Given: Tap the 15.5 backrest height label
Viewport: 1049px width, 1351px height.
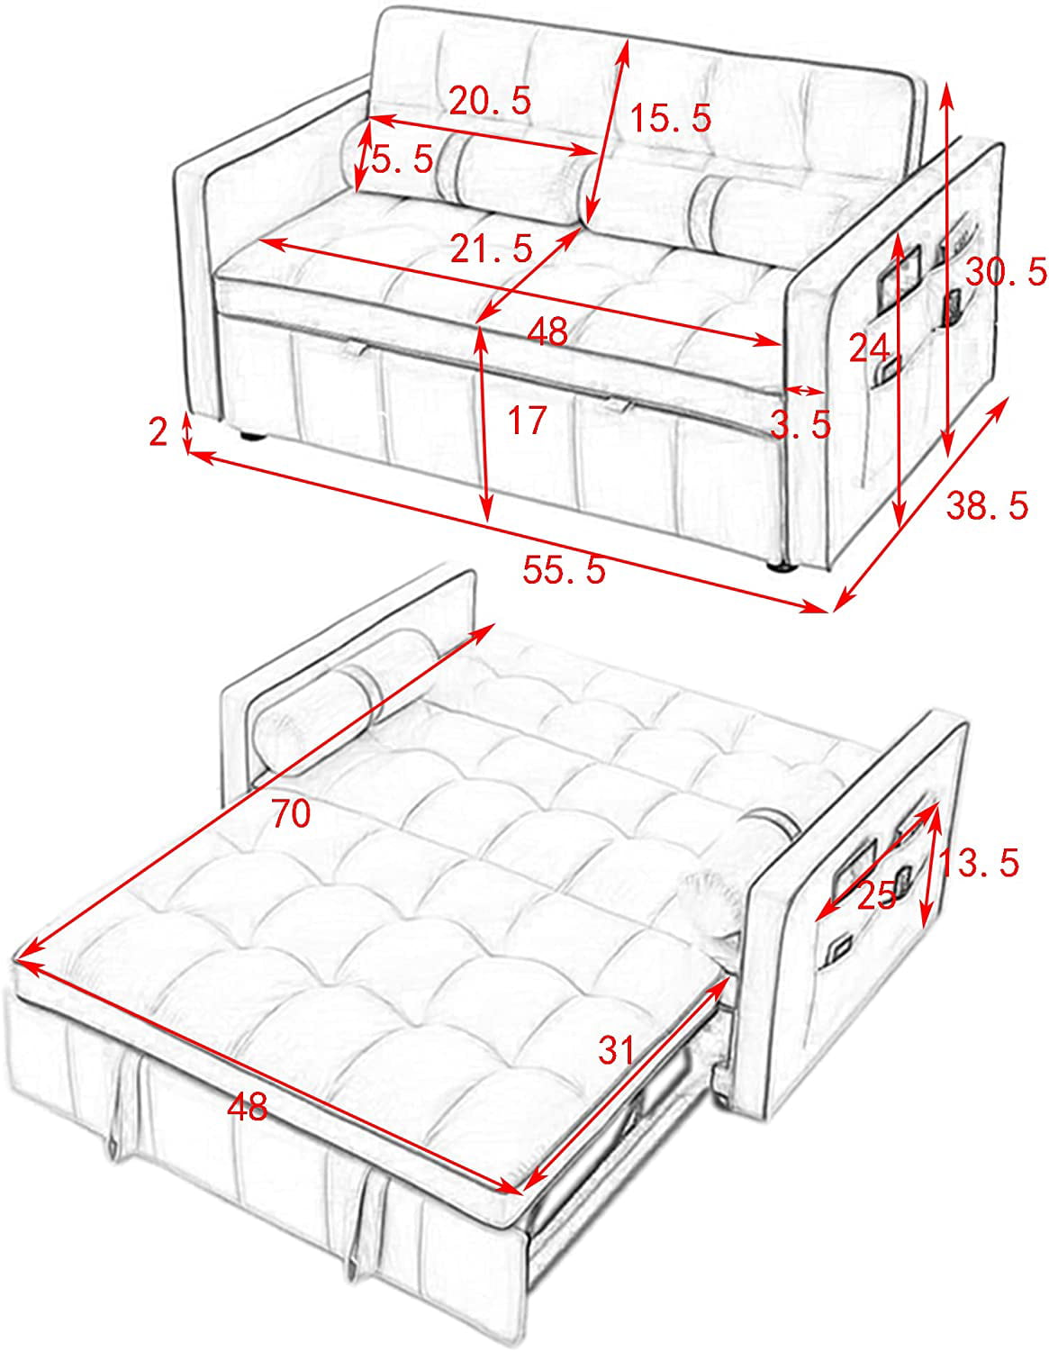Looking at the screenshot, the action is [x=670, y=117].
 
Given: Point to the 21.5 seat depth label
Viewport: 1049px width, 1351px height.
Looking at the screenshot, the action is [x=492, y=248].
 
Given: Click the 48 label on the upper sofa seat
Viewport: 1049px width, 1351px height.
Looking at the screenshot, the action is [x=547, y=331].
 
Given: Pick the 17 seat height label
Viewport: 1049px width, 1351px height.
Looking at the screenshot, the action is [x=527, y=420].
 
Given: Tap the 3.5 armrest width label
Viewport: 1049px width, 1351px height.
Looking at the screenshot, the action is [x=800, y=424].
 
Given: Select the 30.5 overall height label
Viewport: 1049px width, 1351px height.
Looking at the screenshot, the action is [x=1006, y=272].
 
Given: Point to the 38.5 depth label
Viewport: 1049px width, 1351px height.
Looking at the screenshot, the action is [x=987, y=504].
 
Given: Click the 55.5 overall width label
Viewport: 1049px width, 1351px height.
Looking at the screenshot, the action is [x=564, y=569].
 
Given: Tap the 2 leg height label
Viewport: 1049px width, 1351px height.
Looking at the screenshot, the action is [x=158, y=431].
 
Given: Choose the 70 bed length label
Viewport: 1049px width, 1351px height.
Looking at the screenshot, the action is [x=291, y=813].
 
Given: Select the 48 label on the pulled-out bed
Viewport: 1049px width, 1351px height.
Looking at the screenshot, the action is [x=248, y=1107].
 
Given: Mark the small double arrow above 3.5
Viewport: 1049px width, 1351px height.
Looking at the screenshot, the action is [x=805, y=391].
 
